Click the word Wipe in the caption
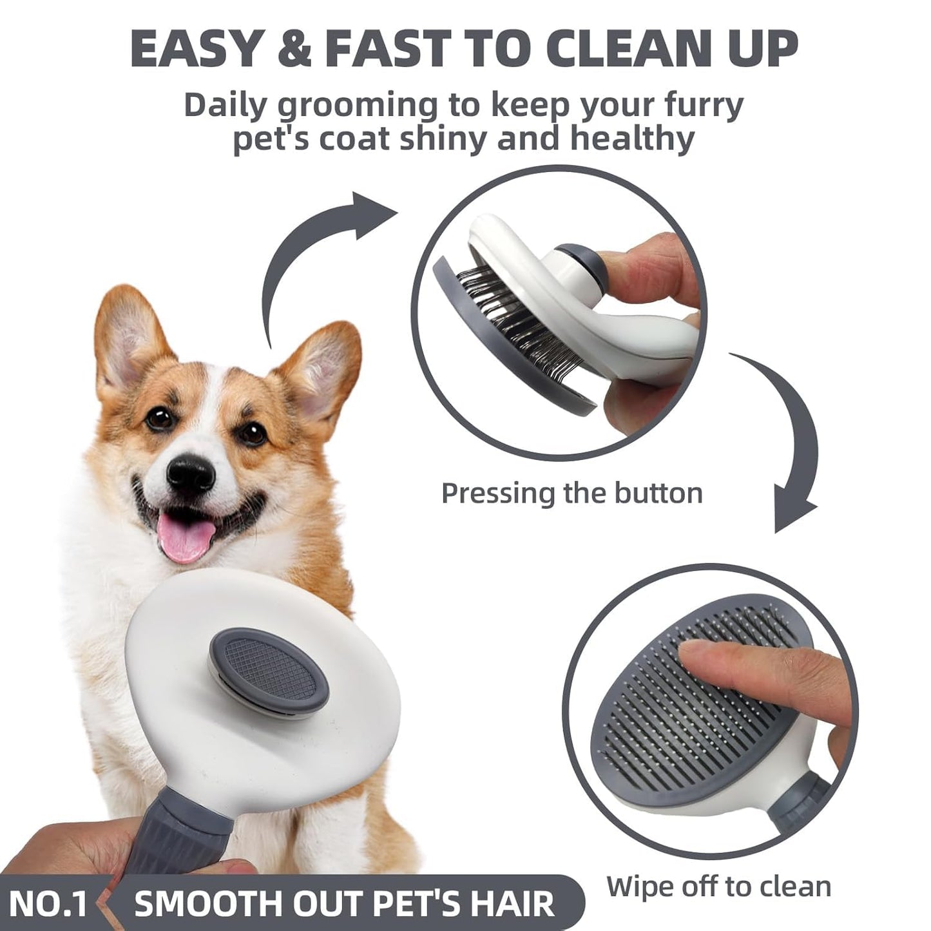644,887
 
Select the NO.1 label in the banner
48,903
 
